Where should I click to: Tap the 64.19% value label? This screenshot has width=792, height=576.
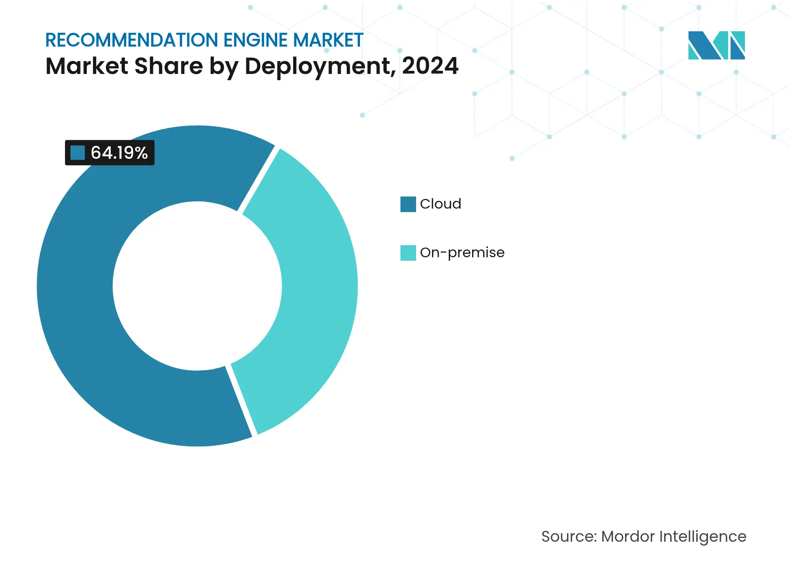119,153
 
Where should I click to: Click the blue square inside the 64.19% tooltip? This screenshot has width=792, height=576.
77,153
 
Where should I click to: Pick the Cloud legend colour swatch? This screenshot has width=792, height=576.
408,204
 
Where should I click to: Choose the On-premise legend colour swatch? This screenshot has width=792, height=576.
408,253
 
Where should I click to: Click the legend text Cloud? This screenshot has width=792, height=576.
440,204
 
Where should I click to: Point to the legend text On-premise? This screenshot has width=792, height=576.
462,253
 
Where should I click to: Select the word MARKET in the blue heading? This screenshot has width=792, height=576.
328,40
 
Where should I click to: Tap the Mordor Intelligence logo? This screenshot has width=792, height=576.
716,45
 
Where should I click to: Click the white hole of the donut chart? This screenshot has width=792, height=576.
197,286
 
